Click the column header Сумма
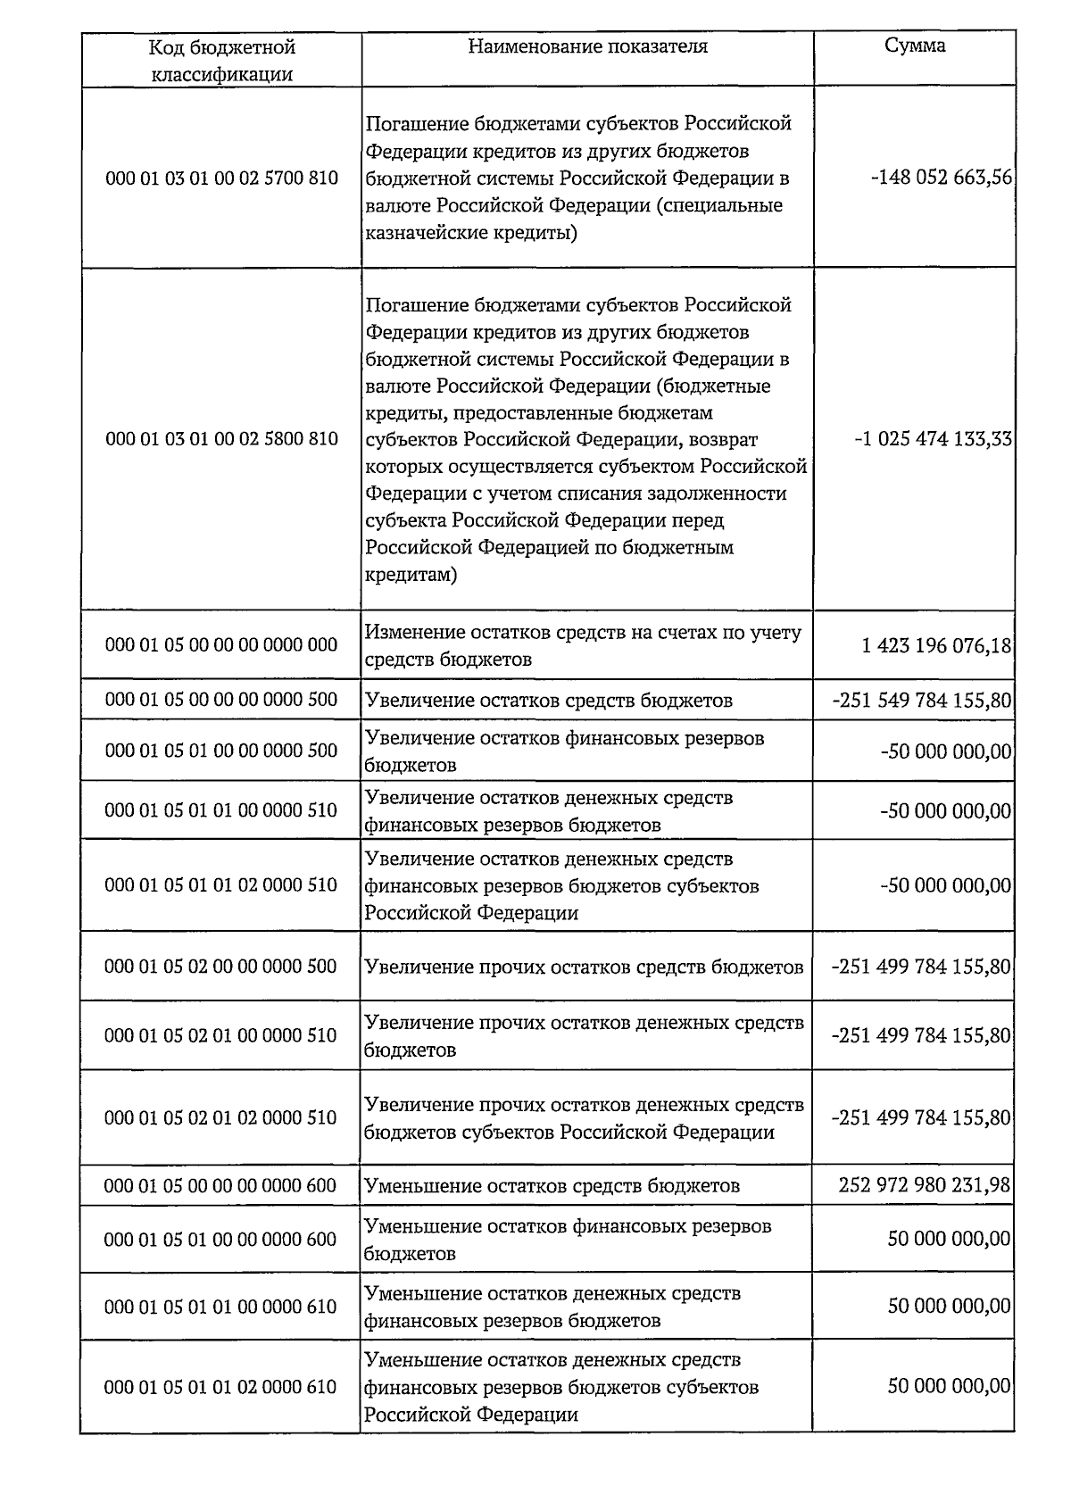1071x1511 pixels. [x=915, y=46]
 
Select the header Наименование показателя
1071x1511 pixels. [x=587, y=46]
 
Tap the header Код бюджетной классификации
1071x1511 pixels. [x=221, y=60]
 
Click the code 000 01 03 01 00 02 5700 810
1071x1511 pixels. [x=221, y=178]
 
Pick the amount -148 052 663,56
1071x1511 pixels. [x=942, y=178]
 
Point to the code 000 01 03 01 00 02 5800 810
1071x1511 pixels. [x=221, y=438]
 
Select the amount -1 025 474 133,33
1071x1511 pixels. [x=933, y=439]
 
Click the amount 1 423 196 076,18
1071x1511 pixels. [x=936, y=644]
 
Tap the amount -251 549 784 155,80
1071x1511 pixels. [x=921, y=700]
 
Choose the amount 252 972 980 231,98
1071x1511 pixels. [x=925, y=1185]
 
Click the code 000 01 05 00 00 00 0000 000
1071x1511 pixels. [x=221, y=644]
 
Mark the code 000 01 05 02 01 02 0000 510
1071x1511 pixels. [x=220, y=1117]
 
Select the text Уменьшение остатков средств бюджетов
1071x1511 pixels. [x=552, y=1186]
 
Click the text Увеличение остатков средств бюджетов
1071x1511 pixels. [x=549, y=701]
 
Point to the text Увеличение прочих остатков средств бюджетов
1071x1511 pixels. [x=585, y=967]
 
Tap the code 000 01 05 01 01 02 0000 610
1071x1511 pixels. [x=220, y=1387]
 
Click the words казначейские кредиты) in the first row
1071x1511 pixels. [x=471, y=233]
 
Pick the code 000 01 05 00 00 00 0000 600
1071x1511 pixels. [x=220, y=1185]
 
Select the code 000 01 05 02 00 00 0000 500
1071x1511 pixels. [x=220, y=967]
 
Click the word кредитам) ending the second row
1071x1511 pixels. [x=411, y=575]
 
